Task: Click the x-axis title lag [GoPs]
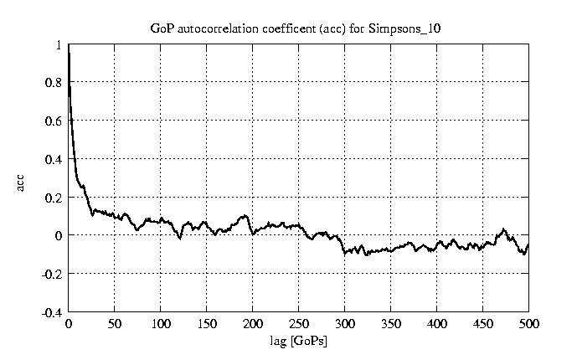tap(299, 342)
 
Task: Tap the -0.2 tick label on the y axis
tap(53, 274)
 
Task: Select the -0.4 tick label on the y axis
tap(53, 312)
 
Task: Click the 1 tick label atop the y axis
tap(59, 45)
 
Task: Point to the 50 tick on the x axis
tap(115, 324)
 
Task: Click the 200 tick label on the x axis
tap(253, 324)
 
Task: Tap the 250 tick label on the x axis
tap(299, 324)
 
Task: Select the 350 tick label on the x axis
tap(391, 324)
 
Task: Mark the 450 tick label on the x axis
tap(483, 324)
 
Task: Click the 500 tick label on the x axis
tap(528, 324)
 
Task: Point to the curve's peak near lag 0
tap(70, 50)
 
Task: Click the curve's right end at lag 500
tap(528, 244)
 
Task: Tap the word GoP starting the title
tap(160, 28)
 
